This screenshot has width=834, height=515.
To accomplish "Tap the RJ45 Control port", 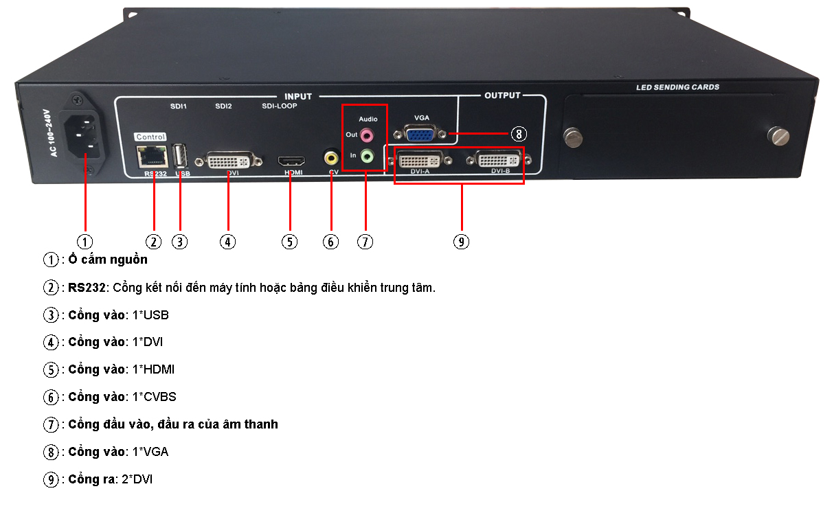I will click(x=150, y=157).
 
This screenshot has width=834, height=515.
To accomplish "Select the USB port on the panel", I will click(x=181, y=155).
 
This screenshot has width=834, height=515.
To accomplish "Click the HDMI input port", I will click(x=291, y=161).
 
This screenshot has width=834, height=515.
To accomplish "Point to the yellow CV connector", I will click(x=333, y=157).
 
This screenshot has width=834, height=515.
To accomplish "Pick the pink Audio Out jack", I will click(x=368, y=134).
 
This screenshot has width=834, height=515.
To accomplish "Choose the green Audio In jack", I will click(x=368, y=156).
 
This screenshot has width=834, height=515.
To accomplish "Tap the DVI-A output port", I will click(x=420, y=161).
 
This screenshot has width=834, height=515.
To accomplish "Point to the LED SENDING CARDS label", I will click(x=677, y=87).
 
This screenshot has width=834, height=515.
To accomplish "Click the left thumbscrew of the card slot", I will click(x=573, y=136).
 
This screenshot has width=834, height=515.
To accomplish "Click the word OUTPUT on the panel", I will click(x=502, y=95).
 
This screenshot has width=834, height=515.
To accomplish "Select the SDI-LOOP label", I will click(x=280, y=106).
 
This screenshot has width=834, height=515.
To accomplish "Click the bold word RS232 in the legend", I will click(x=84, y=287).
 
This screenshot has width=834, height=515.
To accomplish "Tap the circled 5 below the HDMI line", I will click(x=290, y=242).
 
